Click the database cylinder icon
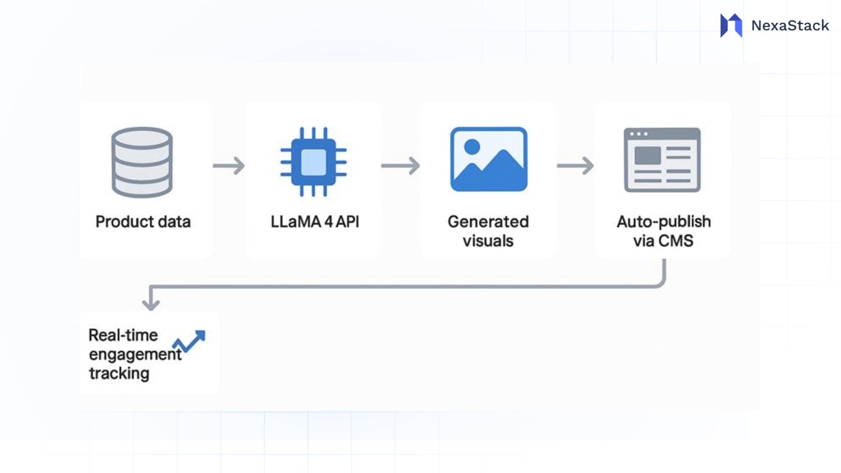[x=142, y=162]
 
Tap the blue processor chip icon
[x=314, y=162]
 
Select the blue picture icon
[x=489, y=159]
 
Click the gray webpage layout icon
[x=662, y=160]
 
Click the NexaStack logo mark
[x=731, y=25]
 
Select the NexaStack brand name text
[x=790, y=25]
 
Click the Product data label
[x=143, y=222]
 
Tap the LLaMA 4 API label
[x=314, y=222]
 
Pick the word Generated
[x=488, y=222]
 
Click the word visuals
[x=488, y=241]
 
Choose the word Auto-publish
[x=663, y=222]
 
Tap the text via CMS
[x=663, y=241]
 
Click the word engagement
[x=135, y=354]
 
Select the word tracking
[x=119, y=374]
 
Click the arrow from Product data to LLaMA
[x=229, y=166]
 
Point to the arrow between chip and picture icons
[x=400, y=166]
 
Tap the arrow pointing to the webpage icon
[x=575, y=166]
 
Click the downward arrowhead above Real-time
[x=151, y=304]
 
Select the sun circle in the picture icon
[x=472, y=147]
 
